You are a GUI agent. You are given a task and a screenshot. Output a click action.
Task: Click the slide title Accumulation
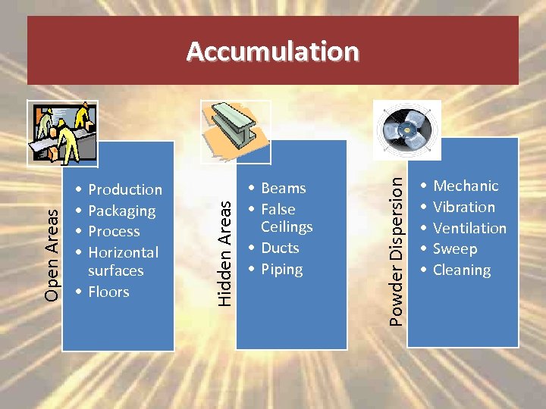tap(272, 52)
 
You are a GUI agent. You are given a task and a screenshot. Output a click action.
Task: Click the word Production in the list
tap(125, 189)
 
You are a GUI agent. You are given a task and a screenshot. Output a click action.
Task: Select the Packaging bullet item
tap(121, 211)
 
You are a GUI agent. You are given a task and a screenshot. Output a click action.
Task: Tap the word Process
tap(114, 231)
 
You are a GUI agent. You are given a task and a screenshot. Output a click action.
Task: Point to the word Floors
tap(108, 292)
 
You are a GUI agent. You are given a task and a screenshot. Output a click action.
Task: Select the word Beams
tap(283, 188)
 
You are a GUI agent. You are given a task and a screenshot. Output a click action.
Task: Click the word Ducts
tap(280, 248)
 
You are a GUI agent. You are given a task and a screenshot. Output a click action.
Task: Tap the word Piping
tap(281, 269)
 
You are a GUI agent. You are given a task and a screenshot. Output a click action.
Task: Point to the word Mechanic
tap(466, 186)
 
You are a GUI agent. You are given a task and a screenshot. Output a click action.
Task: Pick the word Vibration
tap(463, 207)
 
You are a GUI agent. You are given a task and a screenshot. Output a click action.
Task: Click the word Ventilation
tap(469, 228)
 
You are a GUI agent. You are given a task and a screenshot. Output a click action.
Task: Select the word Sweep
tap(455, 248)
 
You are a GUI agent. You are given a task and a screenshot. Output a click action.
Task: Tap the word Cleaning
tap(461, 270)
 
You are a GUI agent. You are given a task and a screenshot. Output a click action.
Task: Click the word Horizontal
tap(123, 252)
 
